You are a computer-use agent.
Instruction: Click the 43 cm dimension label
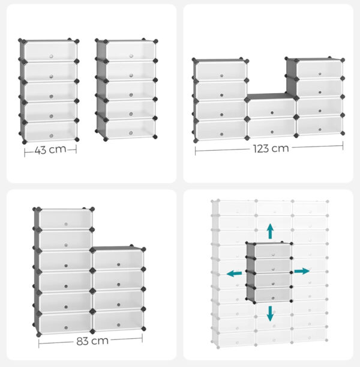[x=50, y=150]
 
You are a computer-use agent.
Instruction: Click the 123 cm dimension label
[x=271, y=148]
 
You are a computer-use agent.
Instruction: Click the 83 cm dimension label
[x=92, y=341]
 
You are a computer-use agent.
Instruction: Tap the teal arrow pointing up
[x=271, y=231]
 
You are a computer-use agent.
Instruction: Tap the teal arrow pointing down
[x=270, y=314]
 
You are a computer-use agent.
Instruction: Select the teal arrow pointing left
[x=234, y=273]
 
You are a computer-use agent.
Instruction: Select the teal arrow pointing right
[x=302, y=271]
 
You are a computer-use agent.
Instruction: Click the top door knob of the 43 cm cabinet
[x=51, y=56]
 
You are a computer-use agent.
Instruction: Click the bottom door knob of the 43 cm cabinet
[x=51, y=136]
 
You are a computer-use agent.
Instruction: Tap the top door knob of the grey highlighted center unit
[x=273, y=255]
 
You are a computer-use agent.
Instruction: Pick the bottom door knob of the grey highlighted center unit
[x=273, y=298]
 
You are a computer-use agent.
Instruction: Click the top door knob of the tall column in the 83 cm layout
[x=66, y=224]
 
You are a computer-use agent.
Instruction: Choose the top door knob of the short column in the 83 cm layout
[x=119, y=264]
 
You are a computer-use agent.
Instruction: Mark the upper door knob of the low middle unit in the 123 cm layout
[x=272, y=113]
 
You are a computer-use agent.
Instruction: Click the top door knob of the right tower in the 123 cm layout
[x=320, y=74]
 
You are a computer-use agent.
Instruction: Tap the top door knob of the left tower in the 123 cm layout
[x=221, y=76]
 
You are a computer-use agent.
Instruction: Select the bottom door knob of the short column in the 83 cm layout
[x=119, y=325]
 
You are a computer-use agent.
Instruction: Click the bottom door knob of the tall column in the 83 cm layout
[x=66, y=328]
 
